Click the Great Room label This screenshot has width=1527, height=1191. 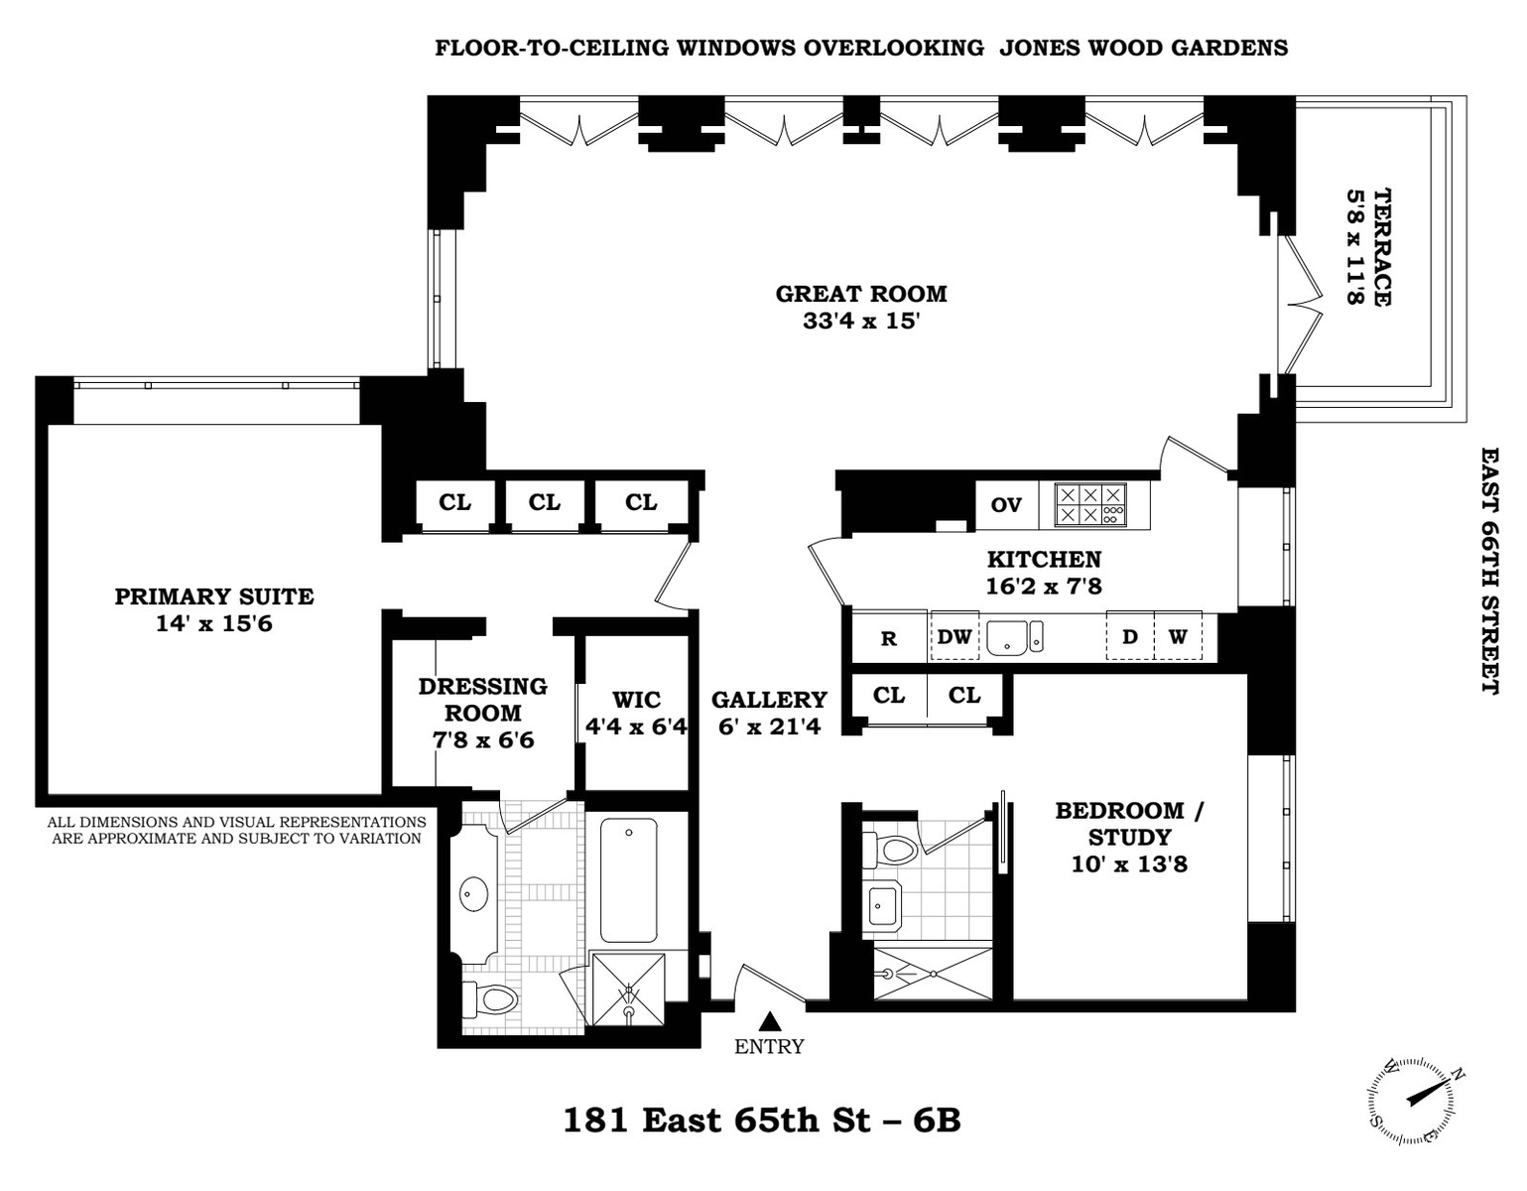(861, 293)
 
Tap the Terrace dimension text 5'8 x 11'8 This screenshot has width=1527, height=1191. (1353, 246)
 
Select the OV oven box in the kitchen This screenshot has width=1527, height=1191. (1006, 505)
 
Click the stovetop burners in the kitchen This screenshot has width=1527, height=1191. (1089, 504)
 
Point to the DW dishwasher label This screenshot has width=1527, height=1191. (954, 636)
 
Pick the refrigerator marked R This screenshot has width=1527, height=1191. (889, 636)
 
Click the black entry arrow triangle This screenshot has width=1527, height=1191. (770, 1021)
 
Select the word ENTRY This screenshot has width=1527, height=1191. (769, 1047)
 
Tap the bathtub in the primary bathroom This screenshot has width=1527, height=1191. (629, 879)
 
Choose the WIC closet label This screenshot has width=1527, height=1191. (636, 700)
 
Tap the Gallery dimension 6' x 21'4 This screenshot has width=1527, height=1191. (770, 726)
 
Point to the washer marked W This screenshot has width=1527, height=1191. (1178, 636)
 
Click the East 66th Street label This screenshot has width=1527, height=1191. (1490, 572)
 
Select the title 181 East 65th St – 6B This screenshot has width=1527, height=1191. (762, 1120)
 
